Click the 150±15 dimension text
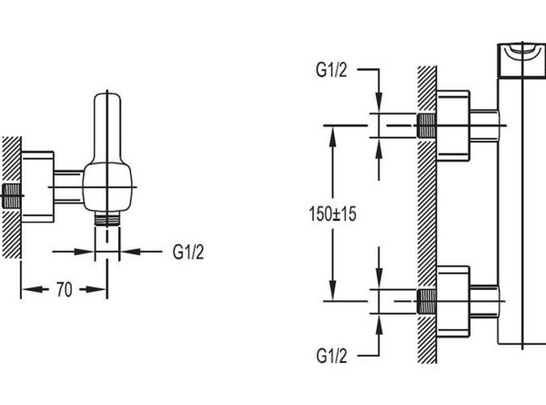click(x=333, y=215)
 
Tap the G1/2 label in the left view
click(x=188, y=251)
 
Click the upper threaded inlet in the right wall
click(x=426, y=126)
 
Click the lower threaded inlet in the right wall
click(x=426, y=301)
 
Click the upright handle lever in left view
click(x=107, y=126)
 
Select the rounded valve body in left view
click(x=107, y=186)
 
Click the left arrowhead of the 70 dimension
click(x=26, y=289)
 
